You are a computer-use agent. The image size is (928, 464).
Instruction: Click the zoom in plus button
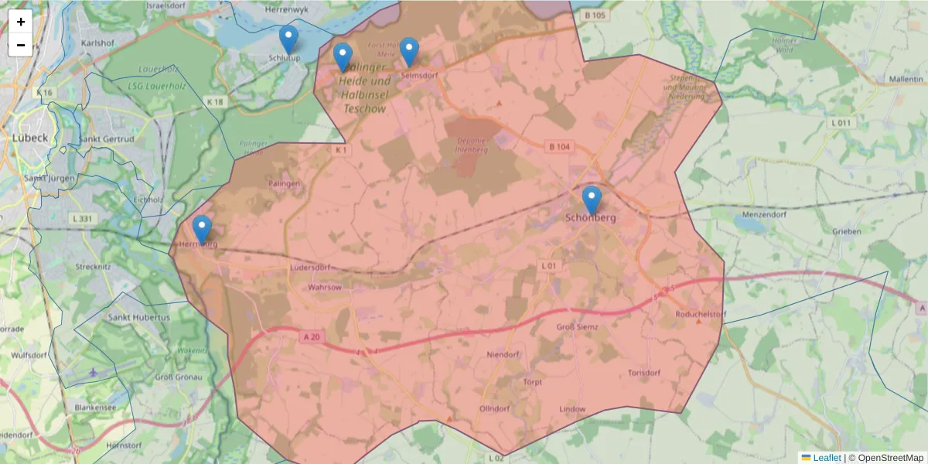(20, 22)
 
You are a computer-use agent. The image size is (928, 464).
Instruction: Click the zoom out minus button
(20, 45)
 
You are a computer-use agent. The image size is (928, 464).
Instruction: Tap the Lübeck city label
(29, 138)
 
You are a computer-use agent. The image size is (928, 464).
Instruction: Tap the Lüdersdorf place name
(309, 268)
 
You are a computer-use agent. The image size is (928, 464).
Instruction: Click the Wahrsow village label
(324, 287)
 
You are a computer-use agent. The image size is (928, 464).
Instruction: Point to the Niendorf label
(502, 355)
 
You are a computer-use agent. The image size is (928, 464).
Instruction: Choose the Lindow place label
(571, 408)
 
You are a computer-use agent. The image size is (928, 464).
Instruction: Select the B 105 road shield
(595, 15)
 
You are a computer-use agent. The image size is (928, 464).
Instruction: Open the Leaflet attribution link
(826, 458)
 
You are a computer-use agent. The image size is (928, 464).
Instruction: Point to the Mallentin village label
(906, 80)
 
